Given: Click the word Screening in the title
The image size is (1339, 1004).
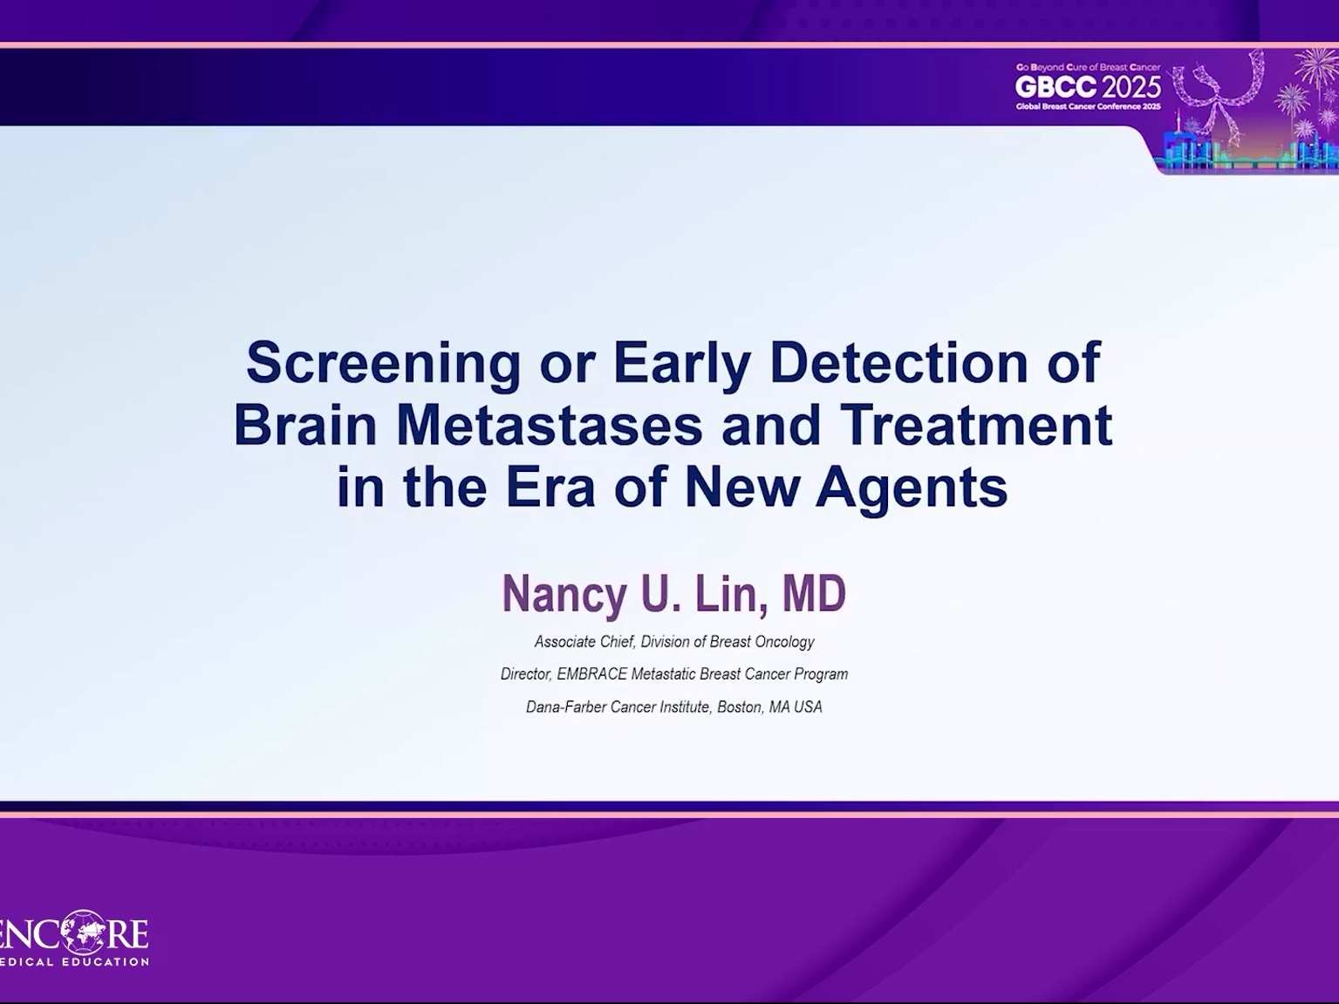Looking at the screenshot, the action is point(383,365).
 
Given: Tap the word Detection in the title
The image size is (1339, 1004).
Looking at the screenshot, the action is point(899,363).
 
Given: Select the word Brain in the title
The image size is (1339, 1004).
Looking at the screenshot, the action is point(305,425).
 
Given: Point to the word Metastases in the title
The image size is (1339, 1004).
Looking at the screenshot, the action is point(549,425).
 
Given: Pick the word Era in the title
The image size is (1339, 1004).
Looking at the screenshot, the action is point(550,488).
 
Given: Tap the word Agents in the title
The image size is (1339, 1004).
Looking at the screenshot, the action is point(912,489).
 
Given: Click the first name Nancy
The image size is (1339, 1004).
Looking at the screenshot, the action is point(564,595).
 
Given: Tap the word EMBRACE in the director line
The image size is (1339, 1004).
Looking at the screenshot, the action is point(591,674).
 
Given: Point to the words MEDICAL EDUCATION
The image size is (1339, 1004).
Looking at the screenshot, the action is point(74,962).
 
